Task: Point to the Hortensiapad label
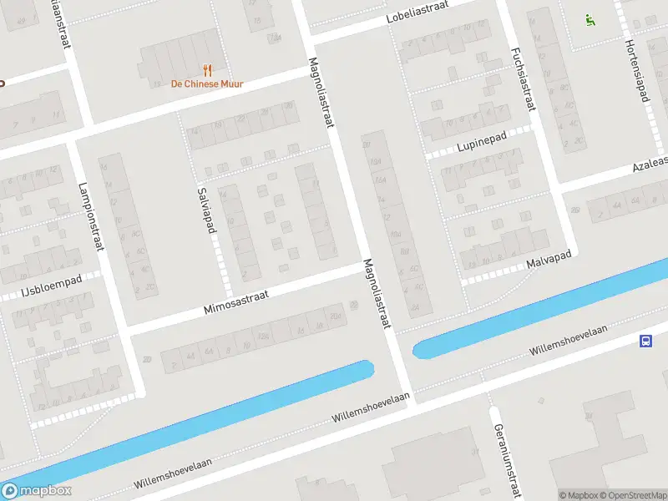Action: coord(635,73)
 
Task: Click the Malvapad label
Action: coord(548,264)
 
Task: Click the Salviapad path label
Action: coord(205,210)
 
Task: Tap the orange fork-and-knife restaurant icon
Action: coord(206,70)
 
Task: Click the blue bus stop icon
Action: coord(646,341)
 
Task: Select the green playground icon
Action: coord(590,20)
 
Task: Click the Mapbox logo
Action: coord(36,491)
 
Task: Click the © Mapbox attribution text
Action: coord(578,495)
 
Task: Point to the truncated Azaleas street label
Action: coord(650,162)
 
